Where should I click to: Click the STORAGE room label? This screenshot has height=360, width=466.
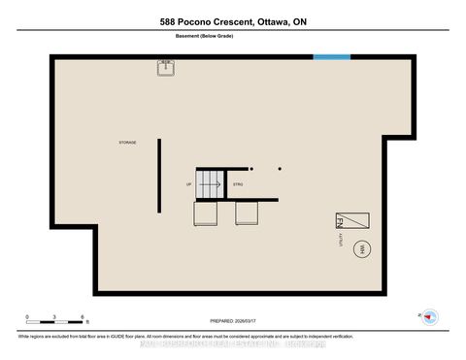[x=128, y=143]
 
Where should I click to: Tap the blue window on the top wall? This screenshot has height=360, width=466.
[x=332, y=57]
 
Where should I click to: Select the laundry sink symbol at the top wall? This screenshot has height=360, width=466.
[x=165, y=67]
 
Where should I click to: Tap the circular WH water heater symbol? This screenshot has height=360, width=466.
[x=360, y=248]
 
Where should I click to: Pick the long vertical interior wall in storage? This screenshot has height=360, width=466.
[x=158, y=175]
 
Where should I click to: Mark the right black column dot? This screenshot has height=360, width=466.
[x=280, y=168]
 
